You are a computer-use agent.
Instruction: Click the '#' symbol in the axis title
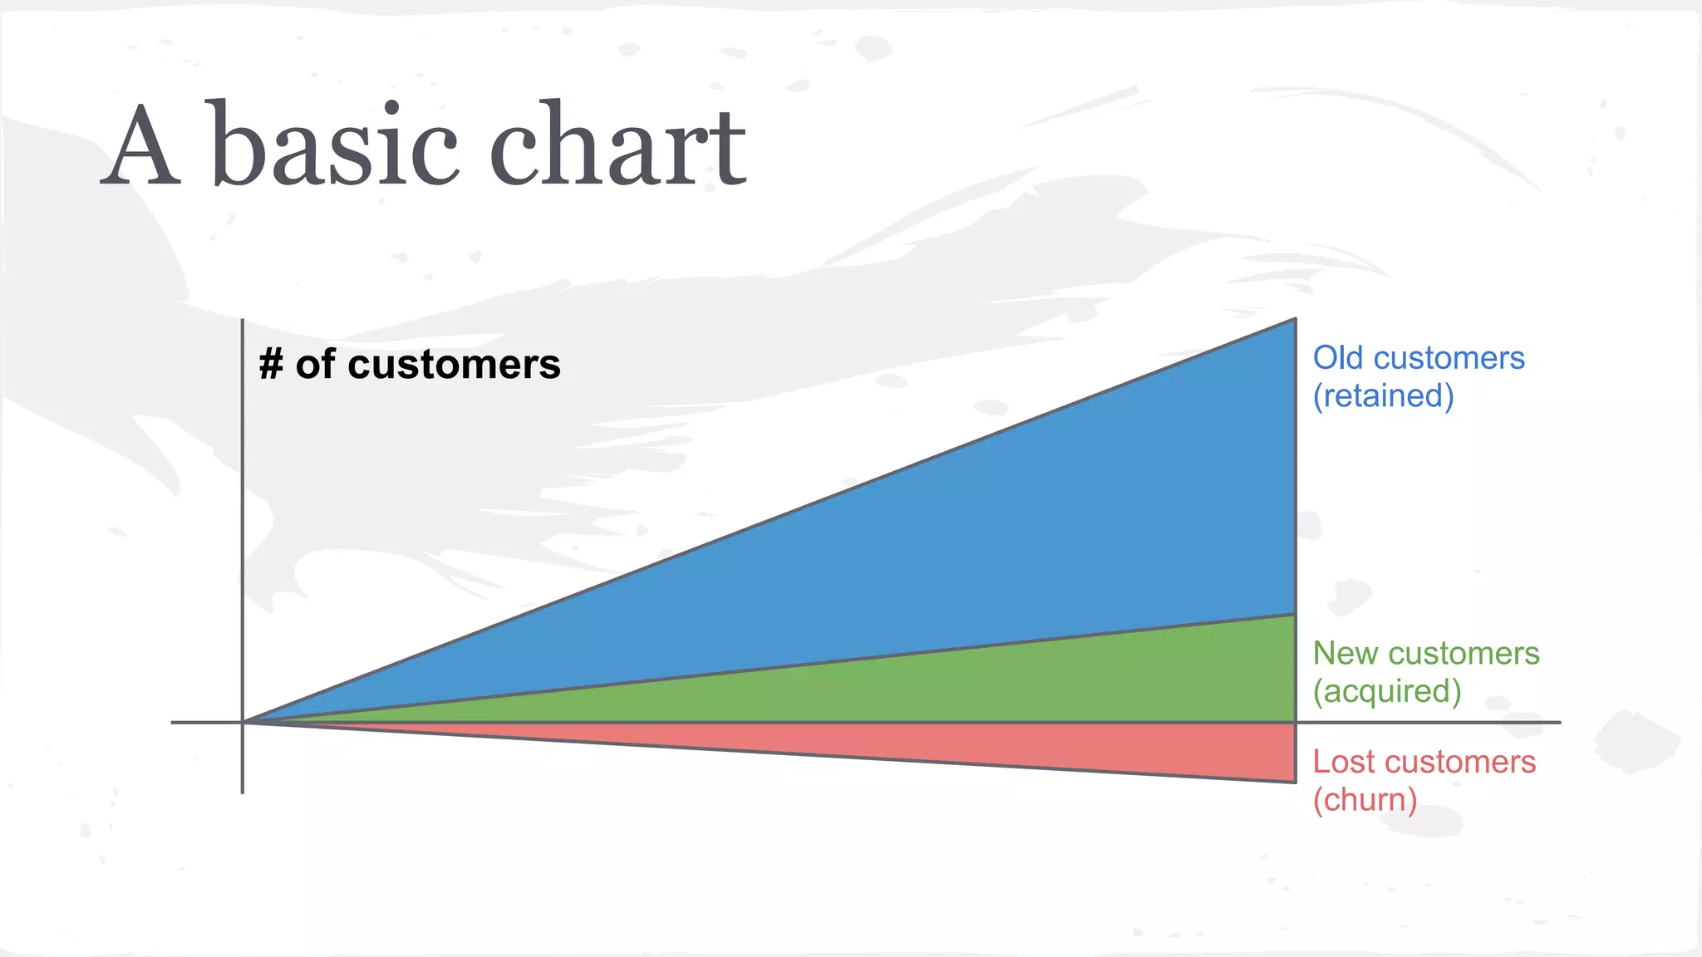point(271,365)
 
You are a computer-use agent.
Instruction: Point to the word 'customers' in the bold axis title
point(454,366)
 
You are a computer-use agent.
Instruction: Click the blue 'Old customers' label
point(1418,358)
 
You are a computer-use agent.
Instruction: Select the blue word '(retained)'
point(1383,396)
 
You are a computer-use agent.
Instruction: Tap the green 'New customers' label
point(1425,654)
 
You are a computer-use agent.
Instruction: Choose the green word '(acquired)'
point(1386,692)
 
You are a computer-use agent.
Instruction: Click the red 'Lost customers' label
point(1424,762)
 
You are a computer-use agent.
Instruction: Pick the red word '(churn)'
point(1365,800)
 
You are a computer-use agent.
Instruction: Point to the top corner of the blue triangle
point(1295,319)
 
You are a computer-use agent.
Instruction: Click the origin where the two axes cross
point(243,722)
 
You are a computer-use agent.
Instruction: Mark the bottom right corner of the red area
point(1295,782)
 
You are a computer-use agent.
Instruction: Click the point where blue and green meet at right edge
point(1295,615)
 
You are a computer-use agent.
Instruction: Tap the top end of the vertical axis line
point(243,320)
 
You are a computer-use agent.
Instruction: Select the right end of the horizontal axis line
point(1559,722)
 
